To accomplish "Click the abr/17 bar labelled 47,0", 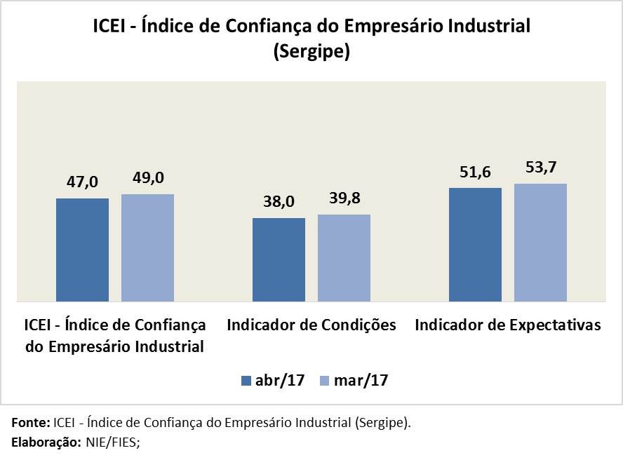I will [x=82, y=250].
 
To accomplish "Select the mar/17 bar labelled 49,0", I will [x=147, y=248].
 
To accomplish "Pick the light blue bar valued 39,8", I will [x=344, y=257].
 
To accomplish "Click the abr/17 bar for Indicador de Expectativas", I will [x=475, y=244].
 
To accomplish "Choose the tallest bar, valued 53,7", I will [x=540, y=242].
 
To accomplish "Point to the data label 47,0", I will [x=83, y=182].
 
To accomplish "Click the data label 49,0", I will [x=148, y=178].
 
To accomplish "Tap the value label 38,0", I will [x=279, y=202].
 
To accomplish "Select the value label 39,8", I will [x=344, y=198].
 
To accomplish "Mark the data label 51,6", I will [x=475, y=172].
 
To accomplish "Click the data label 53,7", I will [x=540, y=168].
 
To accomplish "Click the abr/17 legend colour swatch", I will [x=246, y=381].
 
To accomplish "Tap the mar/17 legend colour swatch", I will [x=324, y=381].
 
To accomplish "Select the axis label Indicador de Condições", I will [x=311, y=325].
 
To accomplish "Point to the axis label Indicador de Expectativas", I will [x=508, y=325].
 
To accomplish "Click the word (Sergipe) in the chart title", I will [x=311, y=53].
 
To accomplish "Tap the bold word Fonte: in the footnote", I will [x=31, y=424].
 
